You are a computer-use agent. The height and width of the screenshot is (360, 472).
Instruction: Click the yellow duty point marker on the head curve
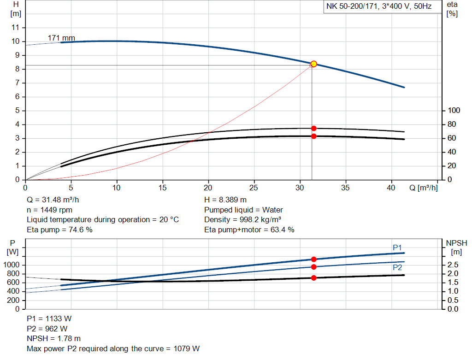[x=314, y=64]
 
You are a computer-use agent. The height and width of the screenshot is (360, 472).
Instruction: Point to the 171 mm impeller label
[x=61, y=38]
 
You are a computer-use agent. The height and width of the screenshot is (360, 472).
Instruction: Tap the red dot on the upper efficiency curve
[x=314, y=128]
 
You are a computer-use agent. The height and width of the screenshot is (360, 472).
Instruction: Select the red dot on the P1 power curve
[x=314, y=259]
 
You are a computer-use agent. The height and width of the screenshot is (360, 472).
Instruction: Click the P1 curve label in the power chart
[x=397, y=248]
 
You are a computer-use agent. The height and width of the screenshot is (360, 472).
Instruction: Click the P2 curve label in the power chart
[x=397, y=267]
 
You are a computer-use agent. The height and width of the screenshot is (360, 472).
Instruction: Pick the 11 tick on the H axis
[x=16, y=28]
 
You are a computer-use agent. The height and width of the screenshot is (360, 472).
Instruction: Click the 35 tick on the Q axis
[x=345, y=188]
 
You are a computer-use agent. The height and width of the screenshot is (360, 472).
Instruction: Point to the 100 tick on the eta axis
[x=454, y=111]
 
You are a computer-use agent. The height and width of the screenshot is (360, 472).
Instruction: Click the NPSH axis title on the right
[x=456, y=243]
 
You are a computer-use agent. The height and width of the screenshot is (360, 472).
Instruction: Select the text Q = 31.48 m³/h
[x=56, y=200]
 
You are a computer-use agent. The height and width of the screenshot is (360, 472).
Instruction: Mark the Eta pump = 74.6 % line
[x=59, y=230]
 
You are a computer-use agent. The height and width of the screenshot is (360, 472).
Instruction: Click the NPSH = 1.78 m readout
[x=53, y=338]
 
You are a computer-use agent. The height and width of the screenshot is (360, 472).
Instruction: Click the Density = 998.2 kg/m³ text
[x=244, y=219]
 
